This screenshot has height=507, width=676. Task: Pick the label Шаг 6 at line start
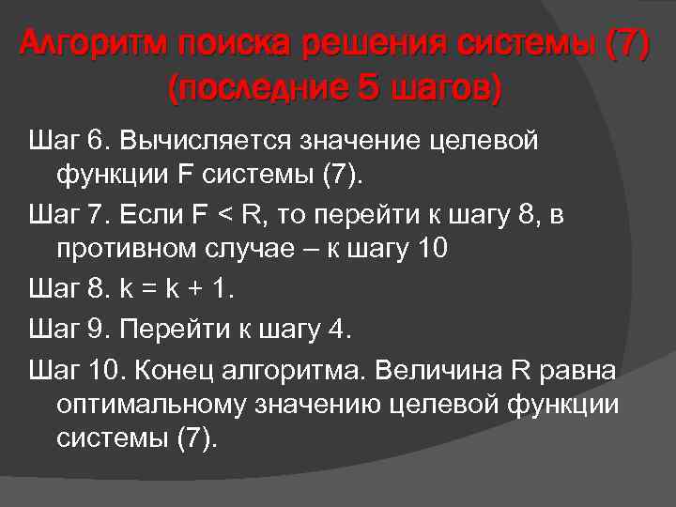[x=69, y=141]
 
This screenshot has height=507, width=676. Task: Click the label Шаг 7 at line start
[x=69, y=215]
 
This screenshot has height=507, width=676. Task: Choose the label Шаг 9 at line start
[x=69, y=330]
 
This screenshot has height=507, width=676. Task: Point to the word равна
[x=581, y=370]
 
